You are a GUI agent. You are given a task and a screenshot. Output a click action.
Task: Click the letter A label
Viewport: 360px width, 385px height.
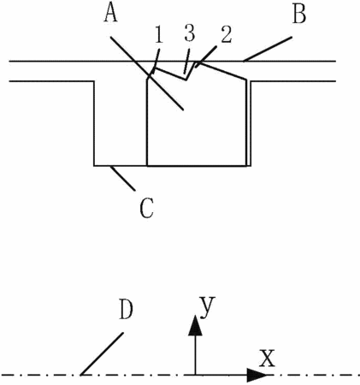(110, 14)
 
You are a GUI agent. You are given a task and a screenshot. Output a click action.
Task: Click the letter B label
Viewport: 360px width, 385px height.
(299, 15)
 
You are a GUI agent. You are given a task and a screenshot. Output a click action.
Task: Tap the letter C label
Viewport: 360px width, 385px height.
(147, 208)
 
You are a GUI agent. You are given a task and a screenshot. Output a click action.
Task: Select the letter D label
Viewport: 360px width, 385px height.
(126, 310)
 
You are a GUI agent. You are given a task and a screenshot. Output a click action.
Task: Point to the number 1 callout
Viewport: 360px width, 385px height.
(159, 35)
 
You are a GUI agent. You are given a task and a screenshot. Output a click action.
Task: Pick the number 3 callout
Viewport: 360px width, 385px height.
(190, 33)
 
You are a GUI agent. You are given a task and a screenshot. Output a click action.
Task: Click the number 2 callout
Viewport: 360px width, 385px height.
(226, 35)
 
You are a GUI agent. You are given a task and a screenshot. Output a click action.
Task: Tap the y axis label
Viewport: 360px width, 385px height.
(207, 307)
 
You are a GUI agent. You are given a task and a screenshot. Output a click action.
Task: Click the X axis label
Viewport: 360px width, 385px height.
(267, 358)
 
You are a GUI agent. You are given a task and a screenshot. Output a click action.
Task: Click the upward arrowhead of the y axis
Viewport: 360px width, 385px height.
(195, 325)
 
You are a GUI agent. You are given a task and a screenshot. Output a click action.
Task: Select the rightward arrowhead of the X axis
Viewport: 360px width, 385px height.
(257, 375)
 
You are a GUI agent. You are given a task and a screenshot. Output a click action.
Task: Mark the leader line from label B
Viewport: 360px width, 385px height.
(268, 49)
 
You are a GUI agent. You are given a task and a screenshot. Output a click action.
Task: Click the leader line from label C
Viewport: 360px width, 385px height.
(123, 178)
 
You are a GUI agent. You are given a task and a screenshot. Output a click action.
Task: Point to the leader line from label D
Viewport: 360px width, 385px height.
(103, 353)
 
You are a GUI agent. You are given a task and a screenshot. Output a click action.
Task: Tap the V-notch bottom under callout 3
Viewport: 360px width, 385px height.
(186, 80)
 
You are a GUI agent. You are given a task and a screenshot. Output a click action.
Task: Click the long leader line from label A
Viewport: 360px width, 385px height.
(147, 73)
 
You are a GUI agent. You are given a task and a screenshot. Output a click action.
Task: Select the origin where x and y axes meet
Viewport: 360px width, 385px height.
(195, 375)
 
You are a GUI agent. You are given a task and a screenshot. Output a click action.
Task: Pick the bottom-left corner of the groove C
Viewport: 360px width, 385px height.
(94, 165)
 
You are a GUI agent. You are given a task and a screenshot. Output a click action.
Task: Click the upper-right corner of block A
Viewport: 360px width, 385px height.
(246, 80)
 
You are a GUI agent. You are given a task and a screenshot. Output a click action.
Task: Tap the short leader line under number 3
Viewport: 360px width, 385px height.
(186, 61)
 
